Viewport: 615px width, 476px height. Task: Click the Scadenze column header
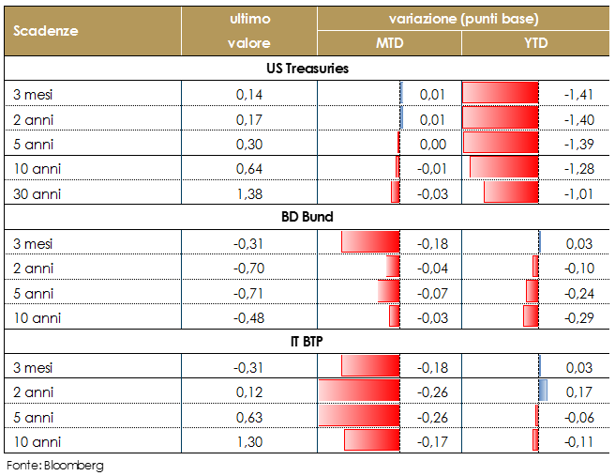click(x=46, y=30)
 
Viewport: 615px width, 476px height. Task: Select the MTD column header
click(x=389, y=43)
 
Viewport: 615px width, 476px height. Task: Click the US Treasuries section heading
click(x=307, y=69)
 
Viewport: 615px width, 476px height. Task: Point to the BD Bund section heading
click(x=307, y=217)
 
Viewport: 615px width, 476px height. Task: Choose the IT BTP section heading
click(x=307, y=341)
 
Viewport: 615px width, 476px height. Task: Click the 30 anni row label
click(x=38, y=192)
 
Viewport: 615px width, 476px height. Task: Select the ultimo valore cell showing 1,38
click(x=249, y=192)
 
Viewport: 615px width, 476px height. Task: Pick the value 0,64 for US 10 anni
click(x=249, y=168)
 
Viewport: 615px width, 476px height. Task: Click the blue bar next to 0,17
click(x=543, y=391)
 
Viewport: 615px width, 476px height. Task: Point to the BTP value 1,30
click(x=249, y=439)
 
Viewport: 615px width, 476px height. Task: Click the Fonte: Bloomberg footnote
click(x=54, y=465)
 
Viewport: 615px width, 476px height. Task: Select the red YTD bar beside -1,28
click(x=504, y=168)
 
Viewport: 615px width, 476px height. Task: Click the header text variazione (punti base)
click(x=463, y=19)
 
